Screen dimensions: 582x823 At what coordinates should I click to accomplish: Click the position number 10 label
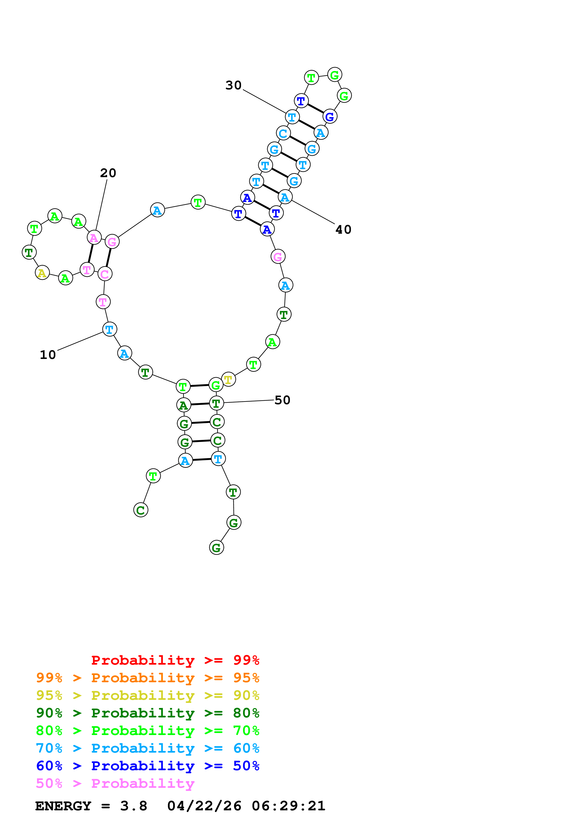point(48,355)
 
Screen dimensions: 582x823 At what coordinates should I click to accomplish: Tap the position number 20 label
point(108,173)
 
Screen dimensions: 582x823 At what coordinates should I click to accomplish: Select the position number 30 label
point(233,85)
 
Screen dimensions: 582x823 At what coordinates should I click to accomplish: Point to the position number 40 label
point(343,230)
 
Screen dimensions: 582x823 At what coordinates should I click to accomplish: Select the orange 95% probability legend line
point(147,678)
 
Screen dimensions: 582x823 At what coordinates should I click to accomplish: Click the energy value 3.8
point(134,806)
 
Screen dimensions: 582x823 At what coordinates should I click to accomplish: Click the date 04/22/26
point(204,806)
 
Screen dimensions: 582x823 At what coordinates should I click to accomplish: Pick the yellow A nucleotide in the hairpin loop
point(42,273)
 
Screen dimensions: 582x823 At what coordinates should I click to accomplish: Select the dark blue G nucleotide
point(330,117)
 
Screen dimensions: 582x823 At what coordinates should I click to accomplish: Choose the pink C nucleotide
point(105,274)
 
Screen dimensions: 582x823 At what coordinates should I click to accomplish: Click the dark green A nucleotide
point(183,405)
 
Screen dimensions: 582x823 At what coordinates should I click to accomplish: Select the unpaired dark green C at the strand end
point(141,510)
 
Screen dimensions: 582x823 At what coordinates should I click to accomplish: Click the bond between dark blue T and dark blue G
point(315,109)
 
